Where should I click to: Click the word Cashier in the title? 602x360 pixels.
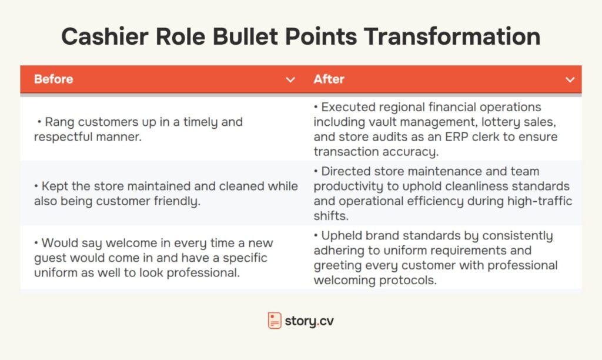[105, 36]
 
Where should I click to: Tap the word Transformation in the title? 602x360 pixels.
[452, 36]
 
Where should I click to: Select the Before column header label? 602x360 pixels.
[53, 79]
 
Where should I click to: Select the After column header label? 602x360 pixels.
[329, 79]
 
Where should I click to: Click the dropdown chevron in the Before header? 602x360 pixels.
[290, 79]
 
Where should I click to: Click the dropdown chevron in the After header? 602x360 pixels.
[570, 79]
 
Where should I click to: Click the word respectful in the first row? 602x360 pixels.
[63, 137]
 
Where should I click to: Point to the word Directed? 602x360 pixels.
[346, 171]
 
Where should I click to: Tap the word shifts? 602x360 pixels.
[330, 216]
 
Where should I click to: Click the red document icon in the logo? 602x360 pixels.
[275, 321]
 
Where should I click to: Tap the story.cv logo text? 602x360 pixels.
[309, 321]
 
